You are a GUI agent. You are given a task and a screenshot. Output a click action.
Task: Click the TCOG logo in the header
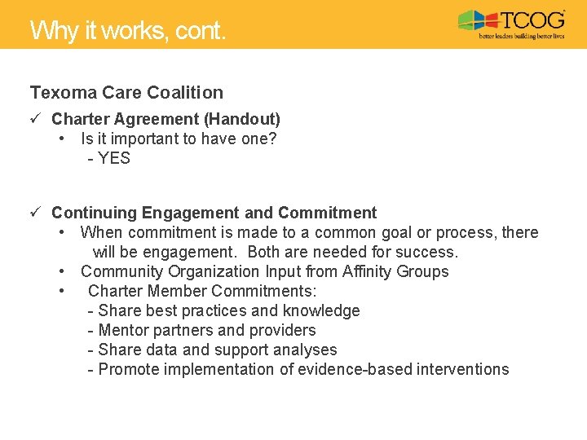pos(511,24)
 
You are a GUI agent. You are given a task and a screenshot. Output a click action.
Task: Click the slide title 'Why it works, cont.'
pos(128,31)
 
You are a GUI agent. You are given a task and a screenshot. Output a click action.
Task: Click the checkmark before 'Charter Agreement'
pos(36,120)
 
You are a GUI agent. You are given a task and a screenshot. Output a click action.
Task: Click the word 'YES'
pos(114,158)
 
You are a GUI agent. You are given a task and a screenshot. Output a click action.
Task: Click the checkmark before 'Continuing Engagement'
pos(36,213)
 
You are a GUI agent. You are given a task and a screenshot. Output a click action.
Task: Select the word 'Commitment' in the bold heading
pos(327,213)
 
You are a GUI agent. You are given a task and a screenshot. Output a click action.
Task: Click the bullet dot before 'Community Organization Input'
pos(63,272)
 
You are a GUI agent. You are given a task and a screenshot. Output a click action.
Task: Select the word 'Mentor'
pos(123,331)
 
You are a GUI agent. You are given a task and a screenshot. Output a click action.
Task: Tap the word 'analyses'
pos(306,350)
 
